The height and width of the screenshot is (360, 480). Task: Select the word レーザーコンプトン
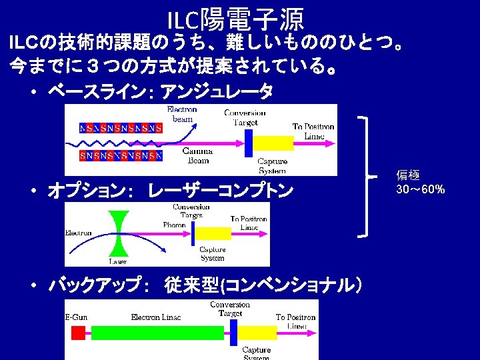pyautogui.click(x=221, y=191)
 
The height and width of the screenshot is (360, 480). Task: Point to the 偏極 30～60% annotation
pyautogui.click(x=420, y=182)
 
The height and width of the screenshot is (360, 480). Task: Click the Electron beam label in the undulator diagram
pyautogui.click(x=181, y=113)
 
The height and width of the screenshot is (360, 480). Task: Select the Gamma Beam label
pyautogui.click(x=197, y=155)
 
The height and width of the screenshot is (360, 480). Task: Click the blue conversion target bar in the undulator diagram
pyautogui.click(x=249, y=142)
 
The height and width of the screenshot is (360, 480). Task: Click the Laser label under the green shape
pyautogui.click(x=119, y=261)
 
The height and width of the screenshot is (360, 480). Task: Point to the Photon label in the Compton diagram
pyautogui.click(x=175, y=225)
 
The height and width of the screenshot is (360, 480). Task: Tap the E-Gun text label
pyautogui.click(x=76, y=317)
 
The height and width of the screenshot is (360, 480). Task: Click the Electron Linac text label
pyautogui.click(x=156, y=317)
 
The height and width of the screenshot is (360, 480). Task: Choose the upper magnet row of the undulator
pyautogui.click(x=121, y=127)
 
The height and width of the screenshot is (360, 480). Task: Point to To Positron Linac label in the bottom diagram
pyautogui.click(x=295, y=321)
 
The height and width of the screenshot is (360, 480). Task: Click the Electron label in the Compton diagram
pyautogui.click(x=79, y=233)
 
